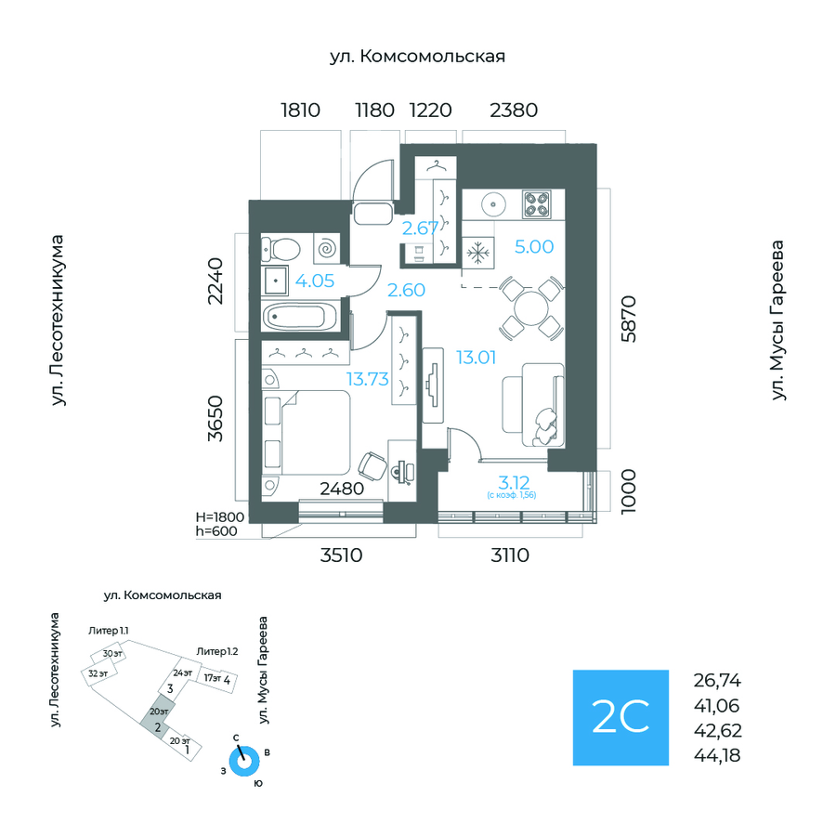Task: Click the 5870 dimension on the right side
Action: (x=630, y=320)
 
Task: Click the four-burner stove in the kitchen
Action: (x=537, y=203)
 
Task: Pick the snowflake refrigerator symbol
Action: (x=479, y=252)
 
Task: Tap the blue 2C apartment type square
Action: (x=620, y=717)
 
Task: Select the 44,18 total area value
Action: (x=717, y=754)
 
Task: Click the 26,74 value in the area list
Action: (x=717, y=680)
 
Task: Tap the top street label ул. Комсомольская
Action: (x=417, y=58)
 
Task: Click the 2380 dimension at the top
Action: (x=513, y=111)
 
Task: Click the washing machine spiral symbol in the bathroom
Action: (x=328, y=248)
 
